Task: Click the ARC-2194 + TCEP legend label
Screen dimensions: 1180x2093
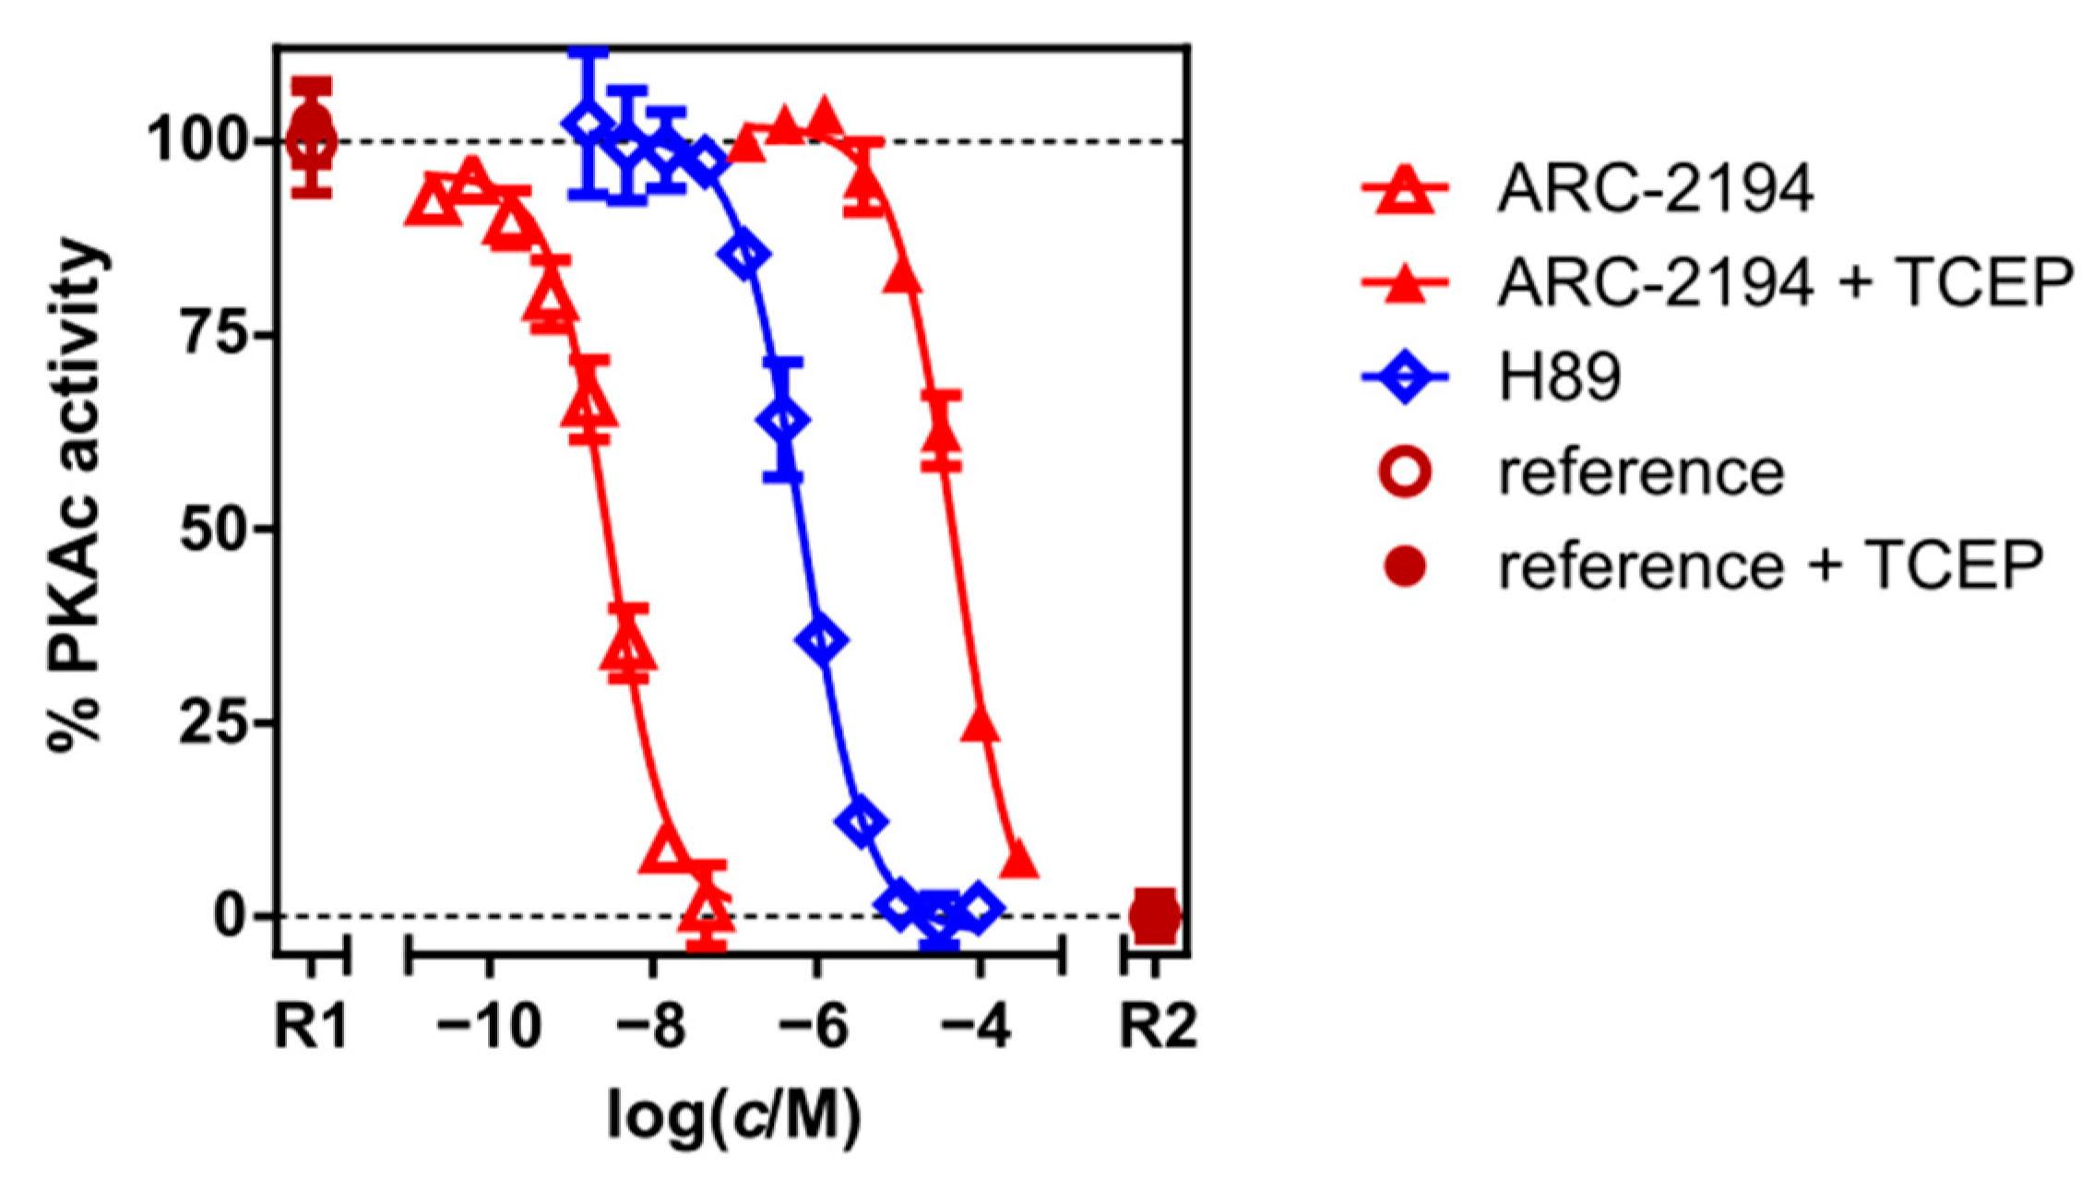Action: click(1785, 282)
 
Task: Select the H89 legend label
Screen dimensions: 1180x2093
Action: click(1559, 377)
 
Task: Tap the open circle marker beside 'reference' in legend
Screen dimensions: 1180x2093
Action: click(1405, 471)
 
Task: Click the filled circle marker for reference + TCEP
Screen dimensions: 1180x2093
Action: click(1405, 566)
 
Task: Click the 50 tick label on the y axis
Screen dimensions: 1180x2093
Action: click(212, 529)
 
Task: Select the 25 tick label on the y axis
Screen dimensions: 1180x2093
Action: click(212, 722)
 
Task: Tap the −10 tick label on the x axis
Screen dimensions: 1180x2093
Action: click(489, 1026)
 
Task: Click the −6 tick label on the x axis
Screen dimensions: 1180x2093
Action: click(815, 1026)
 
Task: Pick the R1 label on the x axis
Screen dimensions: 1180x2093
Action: click(312, 1026)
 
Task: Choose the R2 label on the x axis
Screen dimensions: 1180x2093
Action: click(1157, 1026)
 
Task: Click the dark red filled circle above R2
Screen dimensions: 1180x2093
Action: click(1155, 915)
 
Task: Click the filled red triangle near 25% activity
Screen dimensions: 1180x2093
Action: click(981, 727)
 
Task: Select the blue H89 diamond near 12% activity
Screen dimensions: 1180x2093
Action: click(861, 821)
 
